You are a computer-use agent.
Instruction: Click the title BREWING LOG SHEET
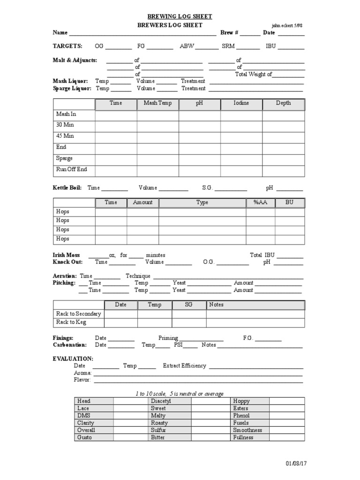tap(180, 16)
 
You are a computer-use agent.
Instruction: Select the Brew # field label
tap(230, 33)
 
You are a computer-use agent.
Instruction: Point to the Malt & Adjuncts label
tap(75, 60)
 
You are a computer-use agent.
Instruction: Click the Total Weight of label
tap(254, 74)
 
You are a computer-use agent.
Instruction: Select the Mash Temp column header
tap(157, 103)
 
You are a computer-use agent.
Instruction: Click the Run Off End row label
tap(71, 170)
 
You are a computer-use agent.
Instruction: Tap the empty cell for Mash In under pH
tap(199, 115)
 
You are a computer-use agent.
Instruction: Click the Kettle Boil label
tap(67, 187)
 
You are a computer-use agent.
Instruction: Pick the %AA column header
tap(260, 202)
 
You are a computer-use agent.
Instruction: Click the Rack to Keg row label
tap(71, 322)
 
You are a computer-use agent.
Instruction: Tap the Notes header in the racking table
tap(217, 305)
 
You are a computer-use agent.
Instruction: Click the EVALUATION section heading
tap(73, 359)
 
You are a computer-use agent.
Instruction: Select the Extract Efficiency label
tap(184, 366)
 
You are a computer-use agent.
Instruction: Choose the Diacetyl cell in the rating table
tap(161, 401)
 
